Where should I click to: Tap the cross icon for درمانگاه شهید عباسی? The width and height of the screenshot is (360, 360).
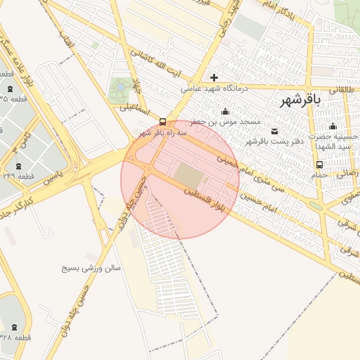(214, 77)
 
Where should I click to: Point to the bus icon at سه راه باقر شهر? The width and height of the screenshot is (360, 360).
(164, 121)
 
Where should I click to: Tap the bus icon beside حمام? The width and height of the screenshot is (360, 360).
(320, 165)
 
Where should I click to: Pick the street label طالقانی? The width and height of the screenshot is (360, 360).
(344, 89)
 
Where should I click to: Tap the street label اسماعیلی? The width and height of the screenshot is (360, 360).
(134, 108)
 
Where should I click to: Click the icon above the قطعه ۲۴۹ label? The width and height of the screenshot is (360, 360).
(11, 163)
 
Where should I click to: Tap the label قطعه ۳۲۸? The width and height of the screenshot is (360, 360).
(15, 339)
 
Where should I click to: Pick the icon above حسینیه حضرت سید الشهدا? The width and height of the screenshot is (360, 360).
(333, 126)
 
